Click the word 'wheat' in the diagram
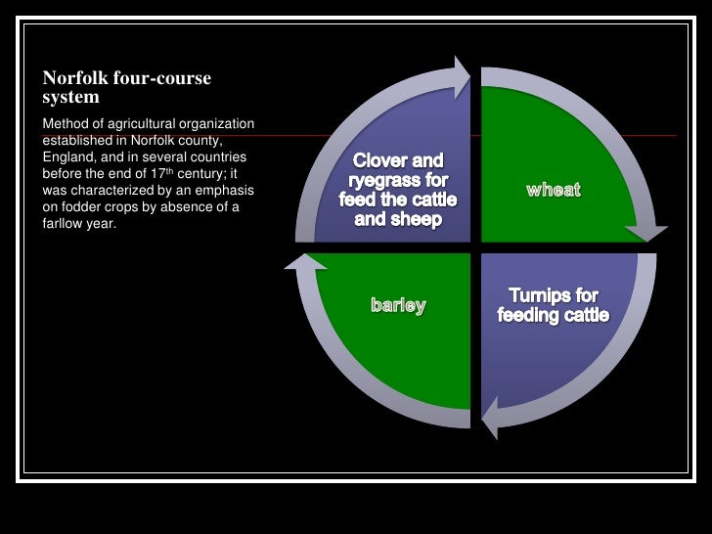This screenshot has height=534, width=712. pos(554,190)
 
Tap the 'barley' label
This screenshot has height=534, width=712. pos(398,306)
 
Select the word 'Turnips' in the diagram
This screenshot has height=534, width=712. pos(538,295)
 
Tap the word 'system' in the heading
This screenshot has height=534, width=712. pos(70,97)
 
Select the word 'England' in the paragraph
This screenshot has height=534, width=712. pos(70,156)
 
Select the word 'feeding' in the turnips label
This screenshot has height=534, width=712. pos(530,315)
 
